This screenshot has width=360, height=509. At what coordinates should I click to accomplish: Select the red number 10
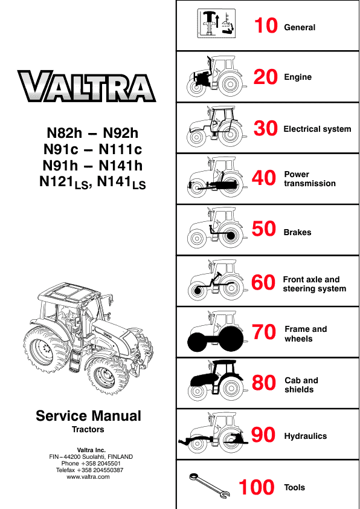pyautogui.click(x=265, y=26)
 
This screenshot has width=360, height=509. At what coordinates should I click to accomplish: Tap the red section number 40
pyautogui.click(x=264, y=179)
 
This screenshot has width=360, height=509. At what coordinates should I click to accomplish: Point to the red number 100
pyautogui.click(x=256, y=488)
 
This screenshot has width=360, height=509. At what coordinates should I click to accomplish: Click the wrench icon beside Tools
pyautogui.click(x=208, y=486)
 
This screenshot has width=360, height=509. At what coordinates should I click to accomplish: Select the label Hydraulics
pyautogui.click(x=305, y=436)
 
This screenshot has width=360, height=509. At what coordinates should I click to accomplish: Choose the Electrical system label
pyautogui.click(x=317, y=129)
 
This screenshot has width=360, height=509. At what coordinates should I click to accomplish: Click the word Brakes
pyautogui.click(x=297, y=232)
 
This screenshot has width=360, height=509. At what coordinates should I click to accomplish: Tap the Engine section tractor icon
pyautogui.click(x=214, y=76)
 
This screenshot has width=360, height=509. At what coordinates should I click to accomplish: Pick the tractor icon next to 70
pyautogui.click(x=214, y=332)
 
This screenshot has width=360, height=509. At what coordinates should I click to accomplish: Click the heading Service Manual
pyautogui.click(x=88, y=416)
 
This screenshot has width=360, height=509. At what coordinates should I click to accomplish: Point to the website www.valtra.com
pyautogui.click(x=88, y=477)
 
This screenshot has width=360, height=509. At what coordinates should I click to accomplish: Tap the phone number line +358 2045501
pyautogui.click(x=88, y=463)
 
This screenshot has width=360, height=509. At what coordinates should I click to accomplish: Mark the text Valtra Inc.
pyautogui.click(x=88, y=449)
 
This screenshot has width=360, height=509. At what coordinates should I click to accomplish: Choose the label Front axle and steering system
pyautogui.click(x=315, y=284)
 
